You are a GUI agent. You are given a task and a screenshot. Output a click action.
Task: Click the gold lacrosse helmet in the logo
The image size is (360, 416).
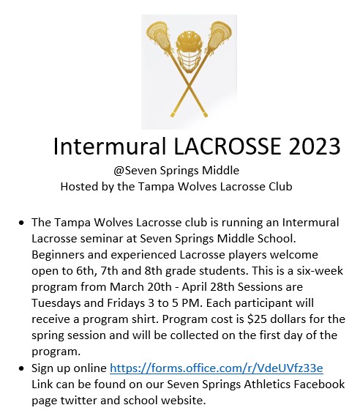[189, 52]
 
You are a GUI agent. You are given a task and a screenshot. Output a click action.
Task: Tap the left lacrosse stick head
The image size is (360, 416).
[160, 35]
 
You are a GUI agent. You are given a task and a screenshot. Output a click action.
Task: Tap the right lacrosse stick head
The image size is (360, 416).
[219, 35]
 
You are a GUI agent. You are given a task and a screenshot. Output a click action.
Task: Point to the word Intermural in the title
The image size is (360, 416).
[110, 146]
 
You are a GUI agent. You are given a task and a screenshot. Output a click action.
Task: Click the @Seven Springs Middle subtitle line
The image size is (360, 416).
[176, 171]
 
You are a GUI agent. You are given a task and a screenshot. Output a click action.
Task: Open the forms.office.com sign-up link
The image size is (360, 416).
[217, 368]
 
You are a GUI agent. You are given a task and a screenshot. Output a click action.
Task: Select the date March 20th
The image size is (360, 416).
[140, 287]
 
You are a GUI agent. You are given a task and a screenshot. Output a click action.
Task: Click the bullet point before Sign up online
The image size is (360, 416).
[21, 369]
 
